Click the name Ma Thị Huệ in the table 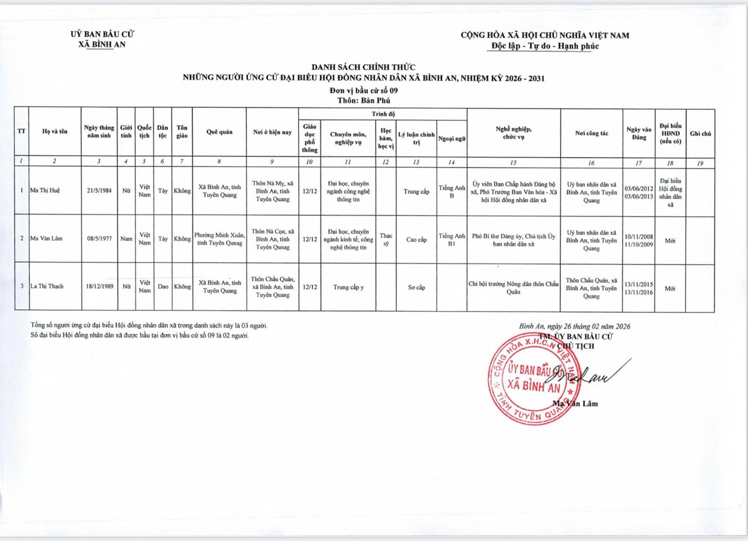tap(45, 190)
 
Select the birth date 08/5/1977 tap(99, 239)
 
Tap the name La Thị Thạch tap(47, 286)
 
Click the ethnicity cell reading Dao tap(163, 287)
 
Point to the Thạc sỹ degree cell tap(386, 240)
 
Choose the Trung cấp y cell tap(348, 287)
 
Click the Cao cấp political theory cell tap(416, 240)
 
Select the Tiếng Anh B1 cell tap(451, 240)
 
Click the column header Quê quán tap(219, 132)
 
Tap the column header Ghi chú tap(700, 134)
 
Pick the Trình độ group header tap(383, 114)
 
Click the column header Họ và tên tap(55, 131)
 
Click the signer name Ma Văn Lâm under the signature tap(575, 404)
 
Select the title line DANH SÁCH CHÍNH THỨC tap(364, 67)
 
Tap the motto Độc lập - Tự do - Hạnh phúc tap(545, 46)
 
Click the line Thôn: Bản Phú tap(364, 100)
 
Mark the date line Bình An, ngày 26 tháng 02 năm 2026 tap(574, 326)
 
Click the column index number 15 tap(513, 162)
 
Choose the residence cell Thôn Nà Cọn tap(273, 239)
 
